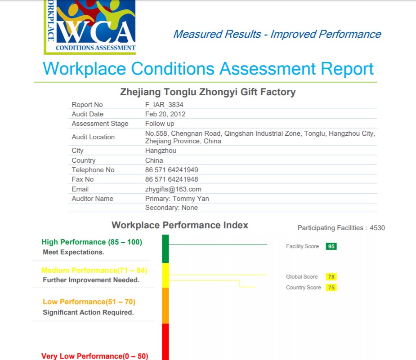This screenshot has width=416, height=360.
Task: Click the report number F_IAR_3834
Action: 164,105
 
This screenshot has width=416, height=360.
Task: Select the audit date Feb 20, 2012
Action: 165,114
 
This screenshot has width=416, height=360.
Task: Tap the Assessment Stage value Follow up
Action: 160,124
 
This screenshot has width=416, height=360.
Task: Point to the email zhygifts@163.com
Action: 173,189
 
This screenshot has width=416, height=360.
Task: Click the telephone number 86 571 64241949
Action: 171,170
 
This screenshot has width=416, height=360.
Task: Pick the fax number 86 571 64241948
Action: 171,179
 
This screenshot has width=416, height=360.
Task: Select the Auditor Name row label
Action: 92,199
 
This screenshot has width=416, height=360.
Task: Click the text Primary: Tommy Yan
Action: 177,199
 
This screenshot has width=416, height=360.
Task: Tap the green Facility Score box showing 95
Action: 331,246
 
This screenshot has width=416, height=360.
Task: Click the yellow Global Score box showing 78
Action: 331,277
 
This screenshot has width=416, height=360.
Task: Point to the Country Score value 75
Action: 331,288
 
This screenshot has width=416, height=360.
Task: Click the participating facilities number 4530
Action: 377,228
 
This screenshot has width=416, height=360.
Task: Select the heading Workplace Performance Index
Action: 180,225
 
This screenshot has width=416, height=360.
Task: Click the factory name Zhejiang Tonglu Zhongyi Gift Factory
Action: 208,93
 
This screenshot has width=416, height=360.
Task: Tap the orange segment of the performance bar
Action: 165,306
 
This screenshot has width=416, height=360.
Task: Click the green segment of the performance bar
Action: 165,249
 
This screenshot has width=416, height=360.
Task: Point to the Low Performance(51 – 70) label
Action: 89,302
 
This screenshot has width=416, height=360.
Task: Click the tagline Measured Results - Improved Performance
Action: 277,34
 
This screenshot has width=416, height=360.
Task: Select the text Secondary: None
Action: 171,208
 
